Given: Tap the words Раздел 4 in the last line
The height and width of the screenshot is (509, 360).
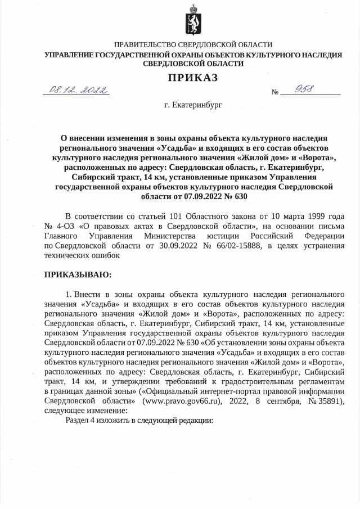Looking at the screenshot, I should tap(84, 421).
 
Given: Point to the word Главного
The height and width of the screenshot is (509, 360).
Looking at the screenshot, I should tap(61, 236).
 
